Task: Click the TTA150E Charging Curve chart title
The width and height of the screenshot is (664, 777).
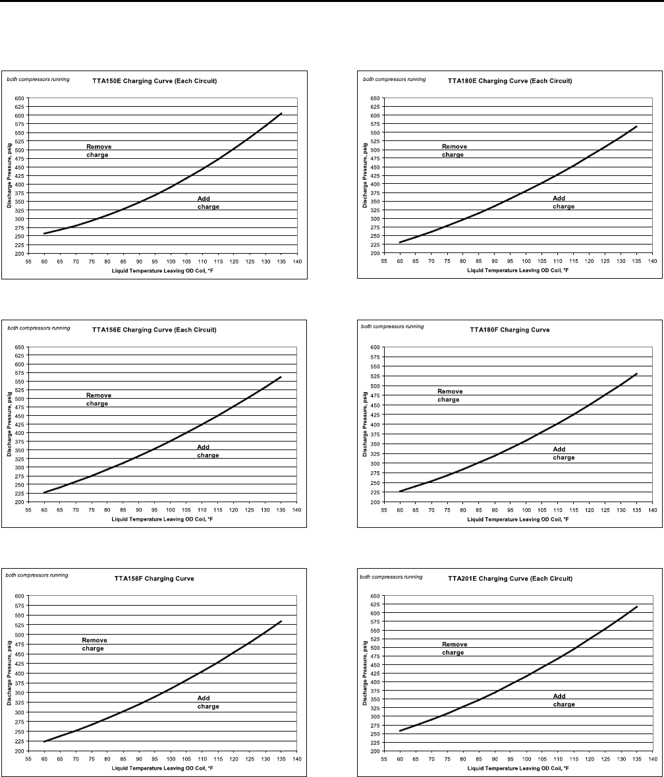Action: click(x=154, y=81)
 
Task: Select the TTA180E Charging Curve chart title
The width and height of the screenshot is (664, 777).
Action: click(x=509, y=81)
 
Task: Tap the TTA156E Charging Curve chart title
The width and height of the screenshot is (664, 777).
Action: click(x=154, y=330)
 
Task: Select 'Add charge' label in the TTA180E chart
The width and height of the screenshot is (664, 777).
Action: click(x=563, y=202)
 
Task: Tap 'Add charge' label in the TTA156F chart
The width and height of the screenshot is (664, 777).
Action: click(x=208, y=703)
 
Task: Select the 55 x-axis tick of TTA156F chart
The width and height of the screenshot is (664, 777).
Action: click(x=28, y=759)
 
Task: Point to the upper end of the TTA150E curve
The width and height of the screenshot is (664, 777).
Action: click(x=281, y=113)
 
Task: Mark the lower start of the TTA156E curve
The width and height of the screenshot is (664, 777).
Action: click(x=44, y=492)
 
